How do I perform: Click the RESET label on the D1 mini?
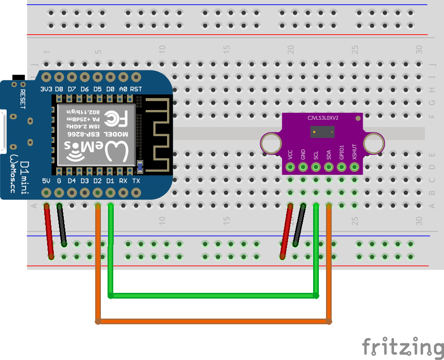click(22, 98)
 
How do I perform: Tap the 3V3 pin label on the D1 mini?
click(46, 89)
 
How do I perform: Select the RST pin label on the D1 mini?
click(136, 89)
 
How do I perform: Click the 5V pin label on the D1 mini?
click(46, 181)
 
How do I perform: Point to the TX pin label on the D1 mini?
click(136, 181)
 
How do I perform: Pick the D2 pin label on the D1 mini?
click(98, 181)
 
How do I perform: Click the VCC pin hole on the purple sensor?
click(290, 167)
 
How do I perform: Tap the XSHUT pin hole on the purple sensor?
click(354, 167)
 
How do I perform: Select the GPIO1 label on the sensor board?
click(342, 152)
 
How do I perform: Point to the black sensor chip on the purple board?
click(322, 132)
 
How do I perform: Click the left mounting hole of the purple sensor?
click(272, 143)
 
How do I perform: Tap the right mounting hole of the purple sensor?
click(374, 143)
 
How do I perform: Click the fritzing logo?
click(402, 347)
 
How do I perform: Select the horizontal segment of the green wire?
click(214, 296)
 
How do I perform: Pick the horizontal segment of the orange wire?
click(214, 321)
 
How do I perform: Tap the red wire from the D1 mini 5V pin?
click(49, 231)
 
